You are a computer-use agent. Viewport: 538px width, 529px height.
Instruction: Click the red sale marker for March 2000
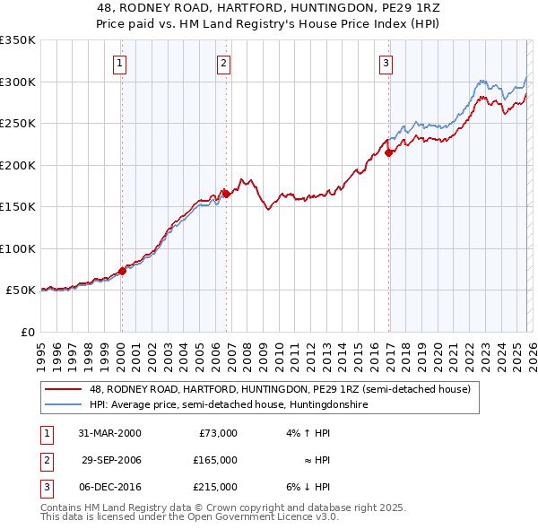point(122,271)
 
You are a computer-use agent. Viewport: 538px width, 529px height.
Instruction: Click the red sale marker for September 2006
point(226,194)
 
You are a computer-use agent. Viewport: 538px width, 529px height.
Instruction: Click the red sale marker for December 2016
point(388,152)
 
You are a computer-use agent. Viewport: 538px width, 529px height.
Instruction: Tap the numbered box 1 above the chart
point(120,63)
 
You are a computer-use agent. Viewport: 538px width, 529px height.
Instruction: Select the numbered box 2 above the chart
point(223,63)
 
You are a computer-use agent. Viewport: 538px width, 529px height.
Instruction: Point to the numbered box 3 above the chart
point(386,63)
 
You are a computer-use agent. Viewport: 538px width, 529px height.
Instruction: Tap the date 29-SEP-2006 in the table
point(112,460)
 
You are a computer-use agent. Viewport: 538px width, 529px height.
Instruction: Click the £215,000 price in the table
point(216,487)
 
